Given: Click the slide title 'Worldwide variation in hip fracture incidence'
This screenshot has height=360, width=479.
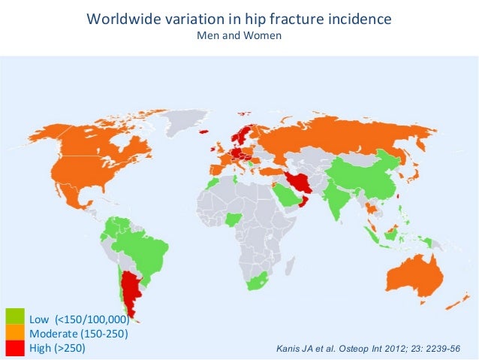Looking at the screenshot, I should pos(239,18).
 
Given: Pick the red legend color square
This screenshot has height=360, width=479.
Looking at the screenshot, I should pos(15,348).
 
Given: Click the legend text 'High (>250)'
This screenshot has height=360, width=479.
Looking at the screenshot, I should pos(57,349).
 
